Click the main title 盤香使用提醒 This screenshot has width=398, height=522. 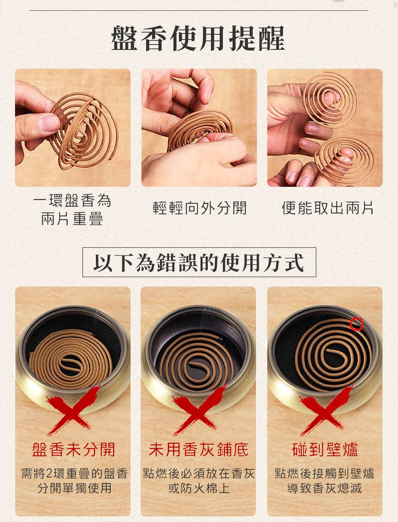(x=198, y=38)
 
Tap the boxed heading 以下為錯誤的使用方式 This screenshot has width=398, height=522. (x=199, y=262)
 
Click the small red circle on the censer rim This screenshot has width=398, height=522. (x=357, y=324)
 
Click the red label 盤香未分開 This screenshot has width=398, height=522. (x=73, y=450)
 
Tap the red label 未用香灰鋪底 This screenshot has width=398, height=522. (x=199, y=450)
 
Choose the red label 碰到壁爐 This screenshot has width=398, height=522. (x=325, y=450)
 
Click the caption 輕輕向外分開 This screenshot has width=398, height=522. (x=199, y=208)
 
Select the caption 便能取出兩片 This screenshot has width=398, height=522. (x=328, y=208)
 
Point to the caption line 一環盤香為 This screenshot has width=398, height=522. (x=72, y=200)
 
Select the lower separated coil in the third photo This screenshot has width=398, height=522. (x=344, y=158)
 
